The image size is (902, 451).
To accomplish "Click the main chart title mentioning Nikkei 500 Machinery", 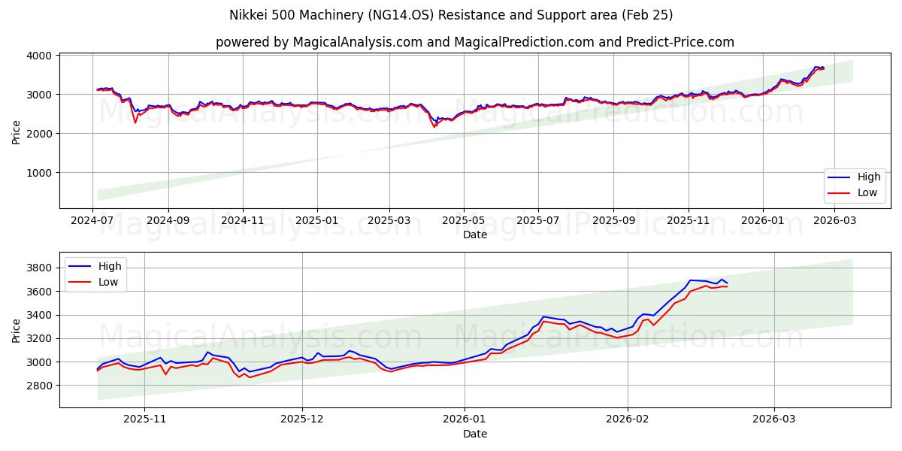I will [451, 15].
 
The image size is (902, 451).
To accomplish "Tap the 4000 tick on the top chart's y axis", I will [39, 56].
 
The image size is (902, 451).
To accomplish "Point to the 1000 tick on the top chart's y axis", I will [39, 173].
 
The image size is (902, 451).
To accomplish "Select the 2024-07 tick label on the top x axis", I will [93, 220].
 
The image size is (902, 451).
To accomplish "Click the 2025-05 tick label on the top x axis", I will [463, 220].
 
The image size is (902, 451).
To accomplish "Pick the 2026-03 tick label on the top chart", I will [836, 220].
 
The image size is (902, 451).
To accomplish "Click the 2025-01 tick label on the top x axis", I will [316, 220].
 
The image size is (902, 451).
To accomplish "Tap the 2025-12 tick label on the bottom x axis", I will [302, 420].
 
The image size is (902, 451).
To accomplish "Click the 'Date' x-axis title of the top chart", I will [474, 235].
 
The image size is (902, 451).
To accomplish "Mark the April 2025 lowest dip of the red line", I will [434, 126].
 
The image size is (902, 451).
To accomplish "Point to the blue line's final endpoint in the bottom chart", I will [727, 283].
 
